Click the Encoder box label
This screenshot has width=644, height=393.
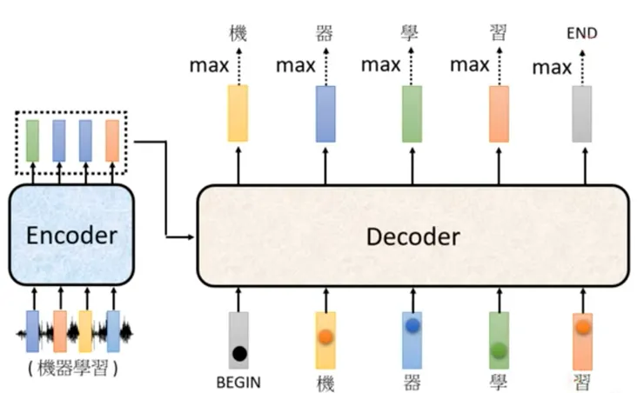(x=71, y=235)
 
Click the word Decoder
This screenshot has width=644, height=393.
(x=413, y=236)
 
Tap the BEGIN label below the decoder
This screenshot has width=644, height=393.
(x=238, y=381)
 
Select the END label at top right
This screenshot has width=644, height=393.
(x=581, y=34)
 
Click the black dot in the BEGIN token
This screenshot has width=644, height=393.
(x=238, y=355)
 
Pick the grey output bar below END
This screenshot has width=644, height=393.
(x=581, y=113)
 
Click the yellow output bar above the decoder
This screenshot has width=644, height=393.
(x=238, y=113)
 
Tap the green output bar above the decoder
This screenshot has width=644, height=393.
(x=412, y=113)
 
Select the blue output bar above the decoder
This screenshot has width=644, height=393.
(x=325, y=113)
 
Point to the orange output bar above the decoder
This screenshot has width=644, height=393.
(x=499, y=113)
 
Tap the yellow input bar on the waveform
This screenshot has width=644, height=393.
(x=85, y=330)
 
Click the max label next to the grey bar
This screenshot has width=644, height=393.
(x=552, y=67)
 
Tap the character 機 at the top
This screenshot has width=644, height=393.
(x=238, y=35)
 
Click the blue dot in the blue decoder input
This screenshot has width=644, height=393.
(x=412, y=326)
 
